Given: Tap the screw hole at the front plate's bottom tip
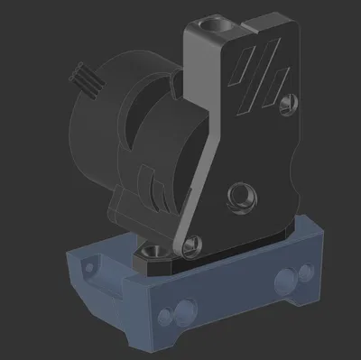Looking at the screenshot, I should pyautogui.click(x=189, y=244).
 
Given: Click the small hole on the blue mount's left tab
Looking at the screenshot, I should pyautogui.click(x=88, y=266).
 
